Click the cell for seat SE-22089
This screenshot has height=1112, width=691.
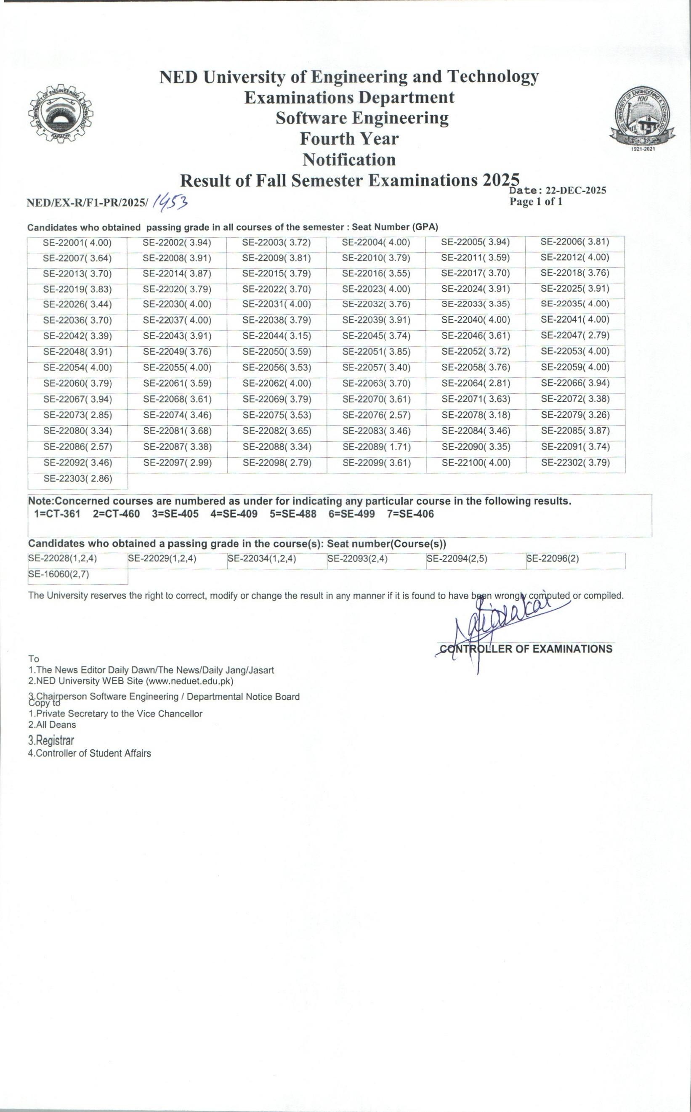[377, 447]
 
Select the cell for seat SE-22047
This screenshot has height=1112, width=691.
[575, 335]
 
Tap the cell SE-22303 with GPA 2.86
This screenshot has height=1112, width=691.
[78, 479]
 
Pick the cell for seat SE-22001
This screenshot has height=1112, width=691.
[77, 243]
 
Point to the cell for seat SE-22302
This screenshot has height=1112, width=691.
[575, 462]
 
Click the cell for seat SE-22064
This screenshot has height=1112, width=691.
[476, 383]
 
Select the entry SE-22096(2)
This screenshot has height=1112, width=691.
[553, 558]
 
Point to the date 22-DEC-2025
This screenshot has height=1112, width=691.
[576, 191]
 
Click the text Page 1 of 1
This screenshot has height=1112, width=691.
[536, 202]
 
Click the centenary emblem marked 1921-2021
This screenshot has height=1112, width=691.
[642, 119]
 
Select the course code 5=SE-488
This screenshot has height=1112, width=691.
[292, 514]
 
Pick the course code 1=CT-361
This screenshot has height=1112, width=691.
[57, 514]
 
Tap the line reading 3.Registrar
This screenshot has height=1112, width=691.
[51, 740]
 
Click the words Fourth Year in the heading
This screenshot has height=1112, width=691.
[349, 138]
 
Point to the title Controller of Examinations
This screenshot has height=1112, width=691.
[526, 649]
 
